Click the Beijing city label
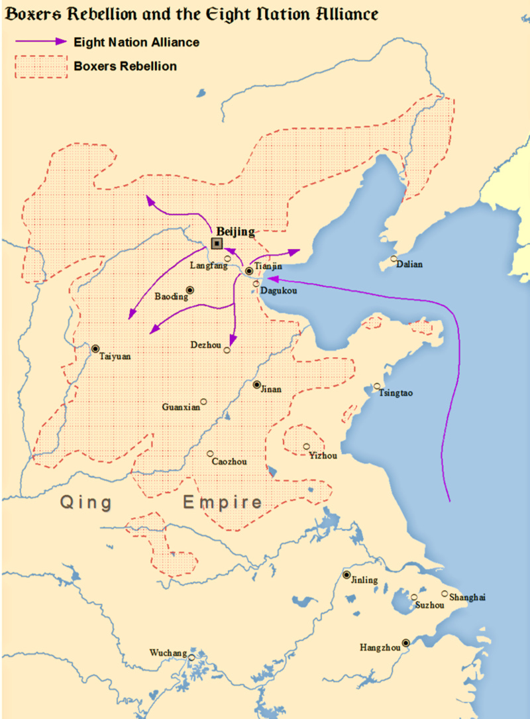[235, 231]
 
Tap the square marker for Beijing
[217, 243]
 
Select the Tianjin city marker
[248, 271]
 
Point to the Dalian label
[409, 264]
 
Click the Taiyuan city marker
[95, 348]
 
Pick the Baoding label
[171, 297]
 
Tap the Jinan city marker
[257, 384]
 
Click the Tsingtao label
[396, 393]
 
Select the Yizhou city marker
[306, 447]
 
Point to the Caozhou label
[229, 461]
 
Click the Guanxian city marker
[203, 401]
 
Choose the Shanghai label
[467, 598]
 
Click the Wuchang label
[168, 653]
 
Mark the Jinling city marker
[346, 575]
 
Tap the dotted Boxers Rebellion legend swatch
[42, 66]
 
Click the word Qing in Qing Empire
[87, 502]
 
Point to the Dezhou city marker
[227, 350]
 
